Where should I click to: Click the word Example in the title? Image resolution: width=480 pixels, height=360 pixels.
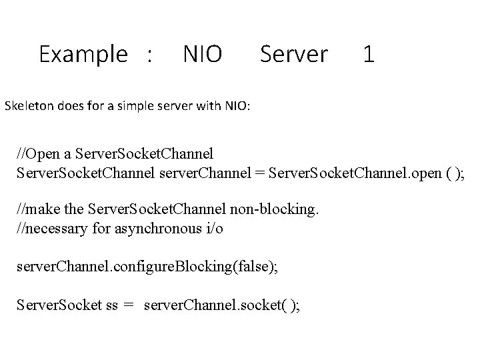tap(83, 54)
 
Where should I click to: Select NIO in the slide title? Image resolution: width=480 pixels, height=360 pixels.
tap(202, 54)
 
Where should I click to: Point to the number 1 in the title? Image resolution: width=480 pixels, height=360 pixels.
tap(369, 54)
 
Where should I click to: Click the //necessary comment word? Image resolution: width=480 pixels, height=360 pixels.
tap(51, 230)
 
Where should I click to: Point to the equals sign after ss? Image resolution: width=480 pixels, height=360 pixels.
tap(129, 305)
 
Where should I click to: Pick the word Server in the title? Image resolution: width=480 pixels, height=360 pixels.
tap(294, 54)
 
